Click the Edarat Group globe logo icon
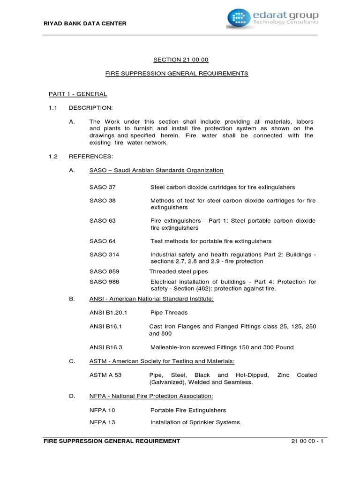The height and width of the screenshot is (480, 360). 239,17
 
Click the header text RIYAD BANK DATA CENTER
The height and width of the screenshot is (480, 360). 84,23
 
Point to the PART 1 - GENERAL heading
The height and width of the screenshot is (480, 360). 78,94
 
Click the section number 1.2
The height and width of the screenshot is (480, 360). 53,156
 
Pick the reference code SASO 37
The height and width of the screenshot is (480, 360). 102,187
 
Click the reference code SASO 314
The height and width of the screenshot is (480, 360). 104,255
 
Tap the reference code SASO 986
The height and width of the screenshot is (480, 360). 104,282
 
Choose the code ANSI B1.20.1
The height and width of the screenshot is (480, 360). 108,312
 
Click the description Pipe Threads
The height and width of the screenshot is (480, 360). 169,312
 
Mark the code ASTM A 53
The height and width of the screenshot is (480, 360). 105,375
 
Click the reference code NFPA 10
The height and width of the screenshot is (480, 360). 102,410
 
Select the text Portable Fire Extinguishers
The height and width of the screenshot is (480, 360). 188,410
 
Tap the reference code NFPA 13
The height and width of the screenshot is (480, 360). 102,422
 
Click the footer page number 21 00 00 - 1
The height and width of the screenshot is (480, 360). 307,441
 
